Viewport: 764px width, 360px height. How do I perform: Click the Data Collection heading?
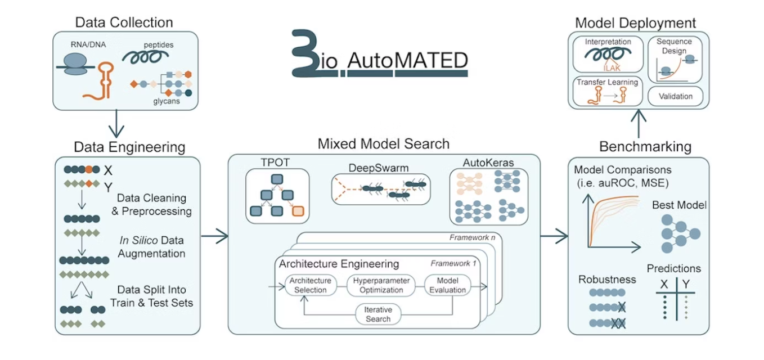coord(124,22)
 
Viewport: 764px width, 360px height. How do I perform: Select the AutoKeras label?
coord(488,163)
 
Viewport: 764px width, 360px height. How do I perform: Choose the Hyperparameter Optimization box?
coord(382,285)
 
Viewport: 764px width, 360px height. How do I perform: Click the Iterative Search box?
coord(377,314)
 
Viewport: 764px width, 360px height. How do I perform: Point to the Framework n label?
coord(472,238)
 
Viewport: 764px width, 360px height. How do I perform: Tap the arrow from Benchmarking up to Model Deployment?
coord(639,123)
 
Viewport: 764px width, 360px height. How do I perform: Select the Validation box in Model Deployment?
coord(675,96)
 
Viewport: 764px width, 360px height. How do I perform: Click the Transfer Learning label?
coord(607,82)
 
